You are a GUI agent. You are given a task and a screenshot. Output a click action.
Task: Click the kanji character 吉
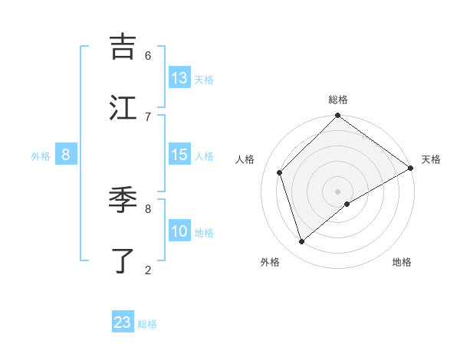tap(123, 47)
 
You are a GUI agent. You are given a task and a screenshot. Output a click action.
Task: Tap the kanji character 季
tap(123, 201)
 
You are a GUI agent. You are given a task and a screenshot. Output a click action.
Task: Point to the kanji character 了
tap(123, 260)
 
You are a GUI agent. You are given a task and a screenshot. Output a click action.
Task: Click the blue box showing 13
tap(179, 78)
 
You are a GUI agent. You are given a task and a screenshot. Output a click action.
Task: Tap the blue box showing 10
tap(179, 231)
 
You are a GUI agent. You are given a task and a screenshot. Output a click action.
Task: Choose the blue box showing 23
tap(123, 322)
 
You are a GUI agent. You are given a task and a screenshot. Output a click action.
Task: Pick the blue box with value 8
tap(66, 155)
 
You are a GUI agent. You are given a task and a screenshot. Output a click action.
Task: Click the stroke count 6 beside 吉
tap(148, 56)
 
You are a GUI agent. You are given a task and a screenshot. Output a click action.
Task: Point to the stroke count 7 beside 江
tap(148, 116)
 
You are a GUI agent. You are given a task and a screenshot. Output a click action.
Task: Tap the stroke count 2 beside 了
tap(148, 270)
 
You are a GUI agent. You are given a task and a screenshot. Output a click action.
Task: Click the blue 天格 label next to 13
tap(204, 80)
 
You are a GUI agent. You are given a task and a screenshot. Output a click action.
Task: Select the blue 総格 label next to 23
tap(147, 324)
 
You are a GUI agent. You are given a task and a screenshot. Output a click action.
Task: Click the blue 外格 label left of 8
tap(41, 156)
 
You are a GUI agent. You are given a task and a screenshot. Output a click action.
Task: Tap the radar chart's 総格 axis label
tap(337, 100)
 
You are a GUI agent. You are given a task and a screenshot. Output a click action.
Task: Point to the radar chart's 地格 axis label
tap(402, 262)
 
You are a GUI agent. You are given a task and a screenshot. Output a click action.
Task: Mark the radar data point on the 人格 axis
tap(280, 172)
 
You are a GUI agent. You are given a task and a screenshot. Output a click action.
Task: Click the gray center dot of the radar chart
tap(337, 191)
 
